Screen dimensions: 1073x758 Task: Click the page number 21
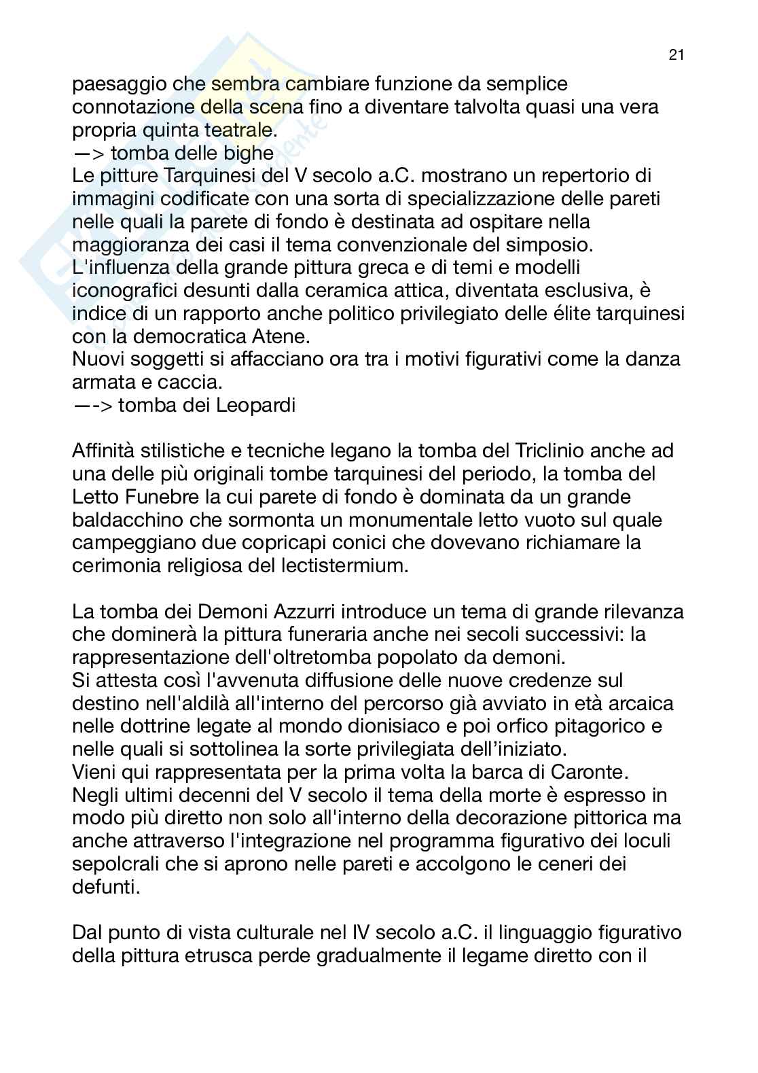[x=675, y=56]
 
